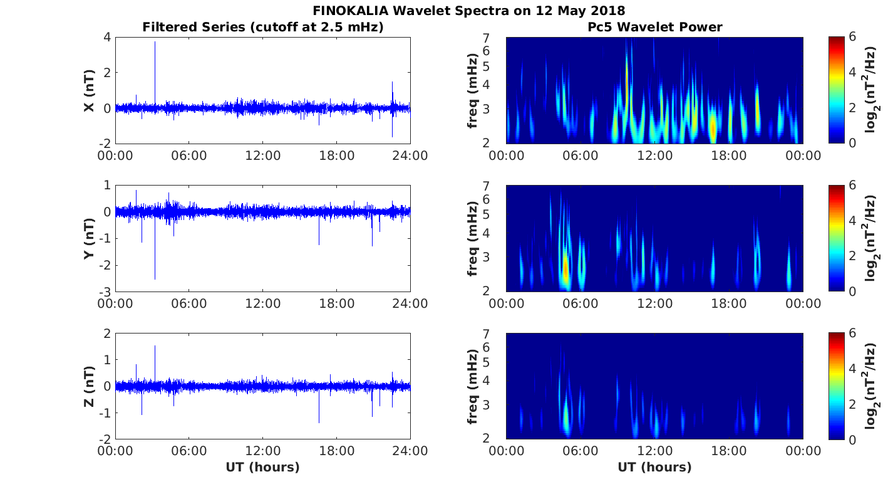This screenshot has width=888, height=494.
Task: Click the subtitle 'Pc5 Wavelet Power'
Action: pos(654,27)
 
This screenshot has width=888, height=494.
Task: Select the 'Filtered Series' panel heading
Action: pos(263,27)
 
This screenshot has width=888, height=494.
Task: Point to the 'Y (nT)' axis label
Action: pos(90,238)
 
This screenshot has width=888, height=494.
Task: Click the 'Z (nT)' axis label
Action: pos(90,386)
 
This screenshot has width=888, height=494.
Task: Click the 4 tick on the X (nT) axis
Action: pos(107,38)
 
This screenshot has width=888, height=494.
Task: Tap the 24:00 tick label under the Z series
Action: pos(411,451)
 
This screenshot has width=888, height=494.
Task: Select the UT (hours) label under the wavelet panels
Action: pos(654,468)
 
